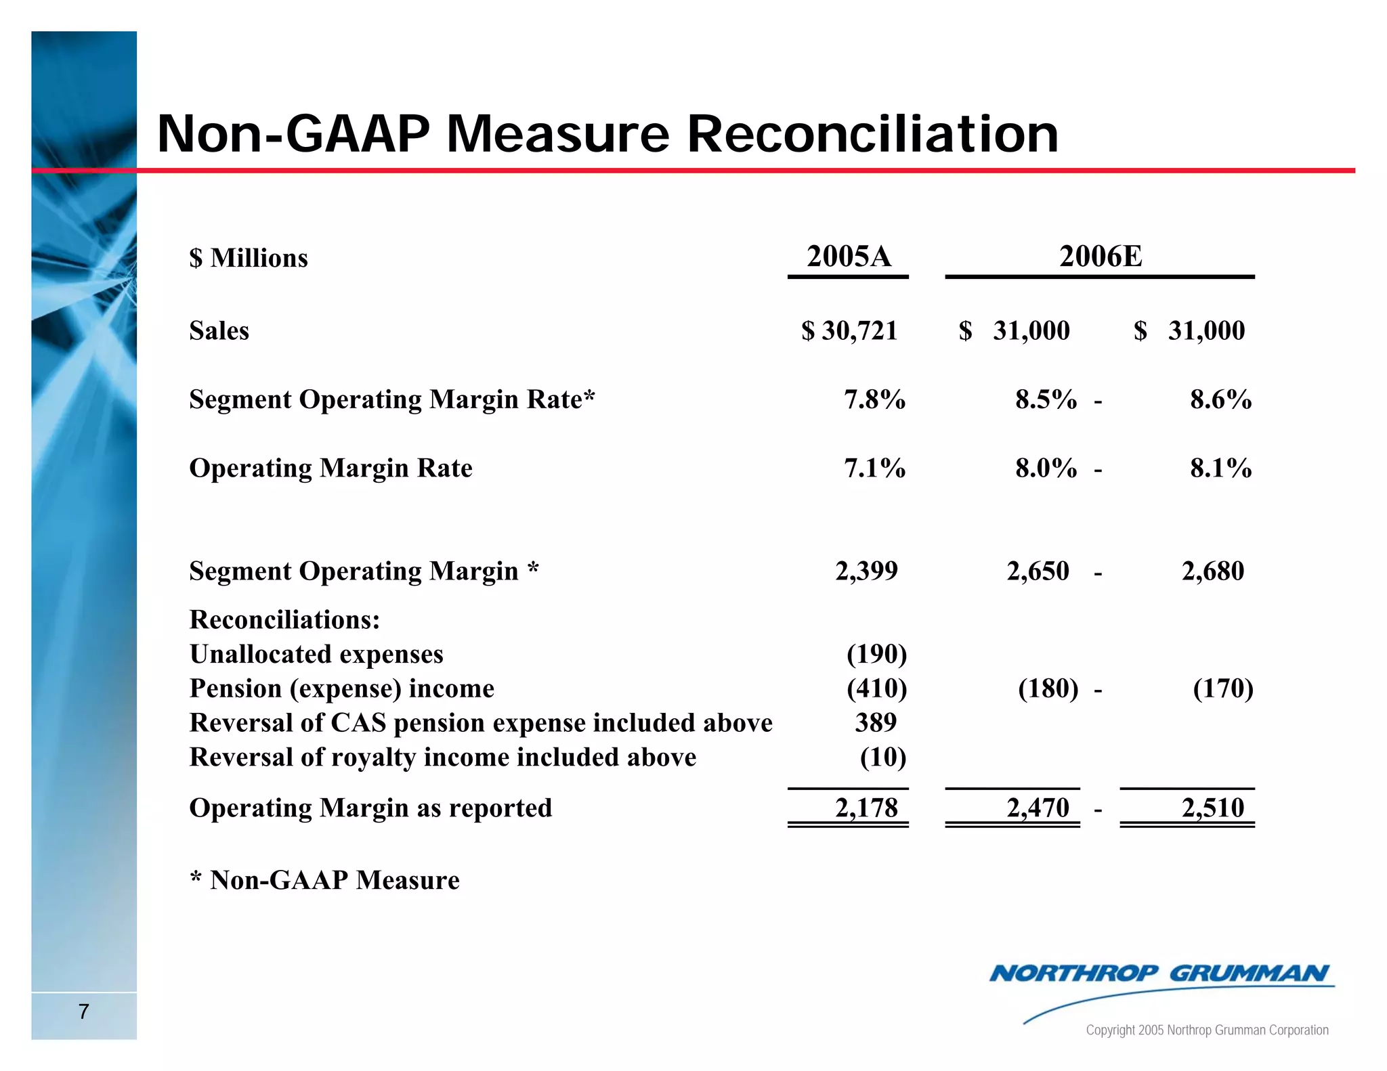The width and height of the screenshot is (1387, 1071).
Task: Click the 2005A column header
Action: (849, 257)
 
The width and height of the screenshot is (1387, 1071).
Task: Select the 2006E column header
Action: (1101, 257)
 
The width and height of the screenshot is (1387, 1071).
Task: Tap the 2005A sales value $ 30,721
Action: (849, 331)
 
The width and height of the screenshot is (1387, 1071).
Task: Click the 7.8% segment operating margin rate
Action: (874, 399)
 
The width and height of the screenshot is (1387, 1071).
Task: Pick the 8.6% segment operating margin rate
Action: (1220, 399)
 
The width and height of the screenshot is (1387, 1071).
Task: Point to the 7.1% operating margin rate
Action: (874, 468)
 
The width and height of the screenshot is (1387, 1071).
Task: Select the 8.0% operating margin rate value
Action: (1046, 468)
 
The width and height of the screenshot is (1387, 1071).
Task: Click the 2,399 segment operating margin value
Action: (866, 571)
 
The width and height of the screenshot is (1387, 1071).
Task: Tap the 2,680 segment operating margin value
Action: (1212, 571)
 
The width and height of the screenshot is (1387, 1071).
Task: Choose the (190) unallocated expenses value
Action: (876, 654)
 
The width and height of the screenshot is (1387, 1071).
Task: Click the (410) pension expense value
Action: (876, 688)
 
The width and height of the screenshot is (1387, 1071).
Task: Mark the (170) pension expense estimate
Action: (1222, 688)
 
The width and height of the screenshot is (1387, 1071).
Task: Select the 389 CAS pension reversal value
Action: (875, 723)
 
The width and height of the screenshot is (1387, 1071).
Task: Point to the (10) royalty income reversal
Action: (882, 757)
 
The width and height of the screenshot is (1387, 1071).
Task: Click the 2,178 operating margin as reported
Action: (866, 808)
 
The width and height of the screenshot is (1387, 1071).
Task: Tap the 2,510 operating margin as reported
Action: (1212, 808)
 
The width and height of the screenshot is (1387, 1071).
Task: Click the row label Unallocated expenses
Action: (316, 654)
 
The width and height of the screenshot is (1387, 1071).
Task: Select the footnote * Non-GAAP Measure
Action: (324, 880)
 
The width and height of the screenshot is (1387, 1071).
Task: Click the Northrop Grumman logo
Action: (1159, 975)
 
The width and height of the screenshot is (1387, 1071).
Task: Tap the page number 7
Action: (83, 1011)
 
